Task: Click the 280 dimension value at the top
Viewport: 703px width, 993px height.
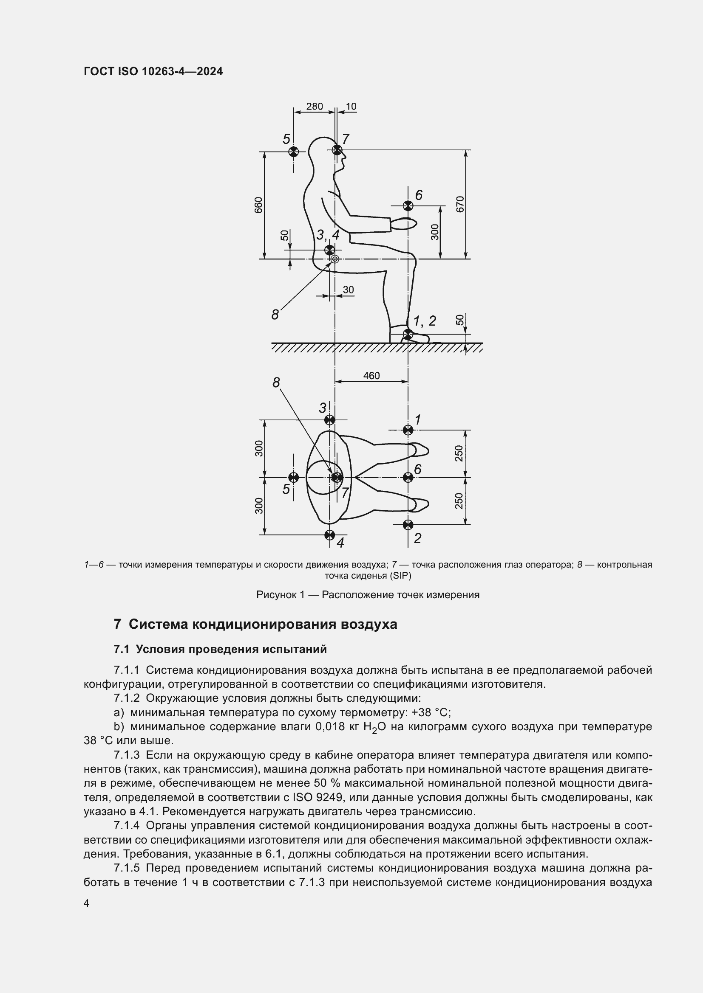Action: (314, 107)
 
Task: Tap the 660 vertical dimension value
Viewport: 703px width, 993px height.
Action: (258, 205)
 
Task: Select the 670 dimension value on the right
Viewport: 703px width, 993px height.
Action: (460, 204)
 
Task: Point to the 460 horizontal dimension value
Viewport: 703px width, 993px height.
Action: (371, 375)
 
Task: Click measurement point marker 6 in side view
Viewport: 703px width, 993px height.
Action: (408, 205)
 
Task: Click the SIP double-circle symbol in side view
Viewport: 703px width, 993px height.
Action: (334, 259)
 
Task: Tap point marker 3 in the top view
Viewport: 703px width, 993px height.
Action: (329, 419)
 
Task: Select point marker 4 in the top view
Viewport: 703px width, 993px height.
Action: (329, 534)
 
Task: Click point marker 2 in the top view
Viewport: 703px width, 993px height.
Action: (408, 525)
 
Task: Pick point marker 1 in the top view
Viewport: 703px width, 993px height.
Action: (408, 430)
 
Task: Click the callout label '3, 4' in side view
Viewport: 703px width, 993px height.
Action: (327, 235)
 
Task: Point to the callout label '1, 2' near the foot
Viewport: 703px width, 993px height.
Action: (424, 321)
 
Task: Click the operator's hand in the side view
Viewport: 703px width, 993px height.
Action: (404, 224)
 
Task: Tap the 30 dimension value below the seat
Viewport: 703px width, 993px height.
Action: (348, 290)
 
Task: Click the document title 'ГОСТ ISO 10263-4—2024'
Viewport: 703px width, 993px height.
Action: (153, 71)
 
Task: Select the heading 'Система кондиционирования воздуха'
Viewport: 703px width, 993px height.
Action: (263, 624)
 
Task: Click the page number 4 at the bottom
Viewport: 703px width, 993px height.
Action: (87, 903)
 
